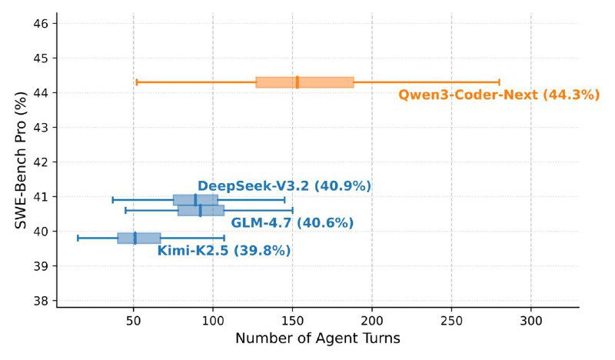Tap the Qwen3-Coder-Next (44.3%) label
pyautogui.click(x=498, y=95)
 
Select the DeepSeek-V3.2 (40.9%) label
pyautogui.click(x=284, y=186)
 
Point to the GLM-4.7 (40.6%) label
pyautogui.click(x=292, y=223)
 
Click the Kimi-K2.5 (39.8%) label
pyautogui.click(x=224, y=250)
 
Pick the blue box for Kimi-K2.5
pyautogui.click(x=139, y=238)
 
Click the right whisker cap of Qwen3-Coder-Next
pyautogui.click(x=500, y=82)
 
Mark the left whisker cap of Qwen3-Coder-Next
pyautogui.click(x=137, y=82)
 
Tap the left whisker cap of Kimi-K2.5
pyautogui.click(x=78, y=238)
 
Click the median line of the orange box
pyautogui.click(x=297, y=82)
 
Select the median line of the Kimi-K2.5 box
pyautogui.click(x=135, y=238)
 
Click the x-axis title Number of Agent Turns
pyautogui.click(x=317, y=338)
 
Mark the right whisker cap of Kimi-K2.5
pyautogui.click(x=224, y=238)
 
